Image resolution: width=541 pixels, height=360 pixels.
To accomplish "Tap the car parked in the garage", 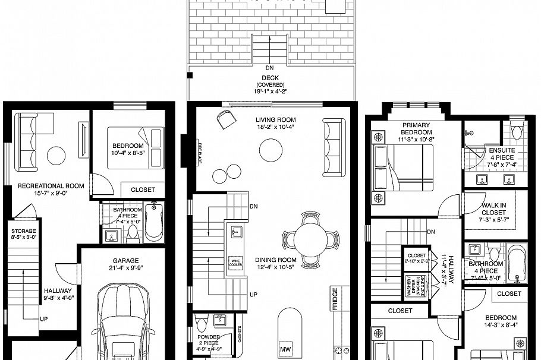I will click(x=126, y=324).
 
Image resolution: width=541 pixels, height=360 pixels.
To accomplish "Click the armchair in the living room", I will click(x=225, y=119).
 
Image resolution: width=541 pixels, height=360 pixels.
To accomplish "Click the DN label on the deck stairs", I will click(x=270, y=68).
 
